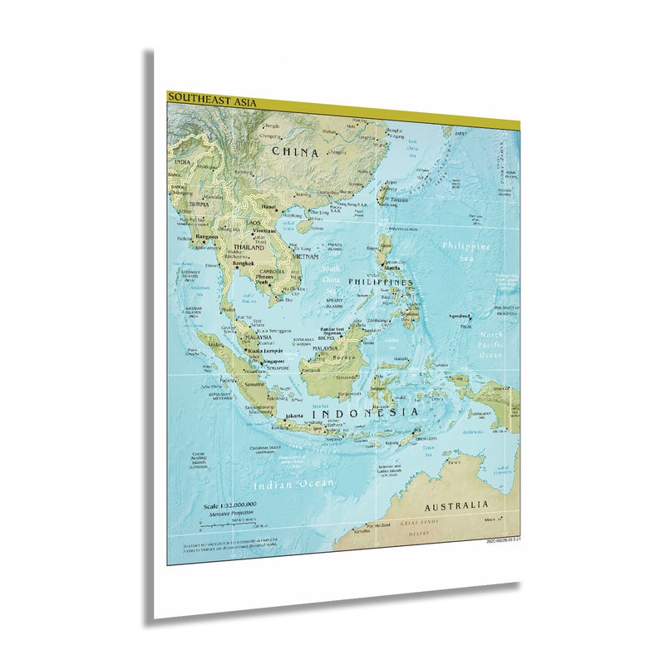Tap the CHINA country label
[x=295, y=152]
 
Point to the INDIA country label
[x=181, y=162]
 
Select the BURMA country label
[x=199, y=204]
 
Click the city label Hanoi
[x=268, y=206]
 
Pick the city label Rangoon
[x=206, y=236]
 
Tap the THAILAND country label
[x=249, y=248]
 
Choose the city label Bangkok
[x=244, y=264]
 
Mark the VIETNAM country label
[x=304, y=257]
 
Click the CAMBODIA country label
[x=272, y=272]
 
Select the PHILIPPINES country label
[x=380, y=283]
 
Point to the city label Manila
[x=392, y=268]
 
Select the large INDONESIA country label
[x=365, y=412]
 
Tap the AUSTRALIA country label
[x=456, y=505]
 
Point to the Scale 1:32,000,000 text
[x=230, y=505]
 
